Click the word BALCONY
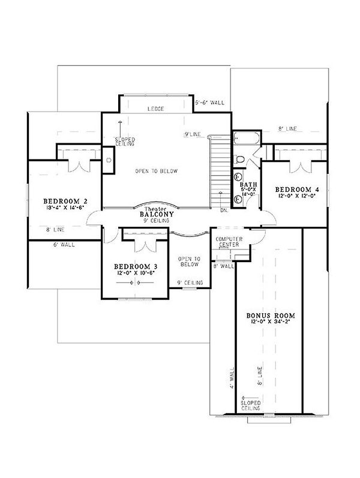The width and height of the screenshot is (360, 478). point(157,214)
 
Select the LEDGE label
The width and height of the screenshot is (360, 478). point(157,109)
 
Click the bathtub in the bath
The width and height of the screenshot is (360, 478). point(245,137)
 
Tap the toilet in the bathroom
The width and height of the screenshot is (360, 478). point(239,160)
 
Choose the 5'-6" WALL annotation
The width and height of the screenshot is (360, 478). point(211,103)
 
